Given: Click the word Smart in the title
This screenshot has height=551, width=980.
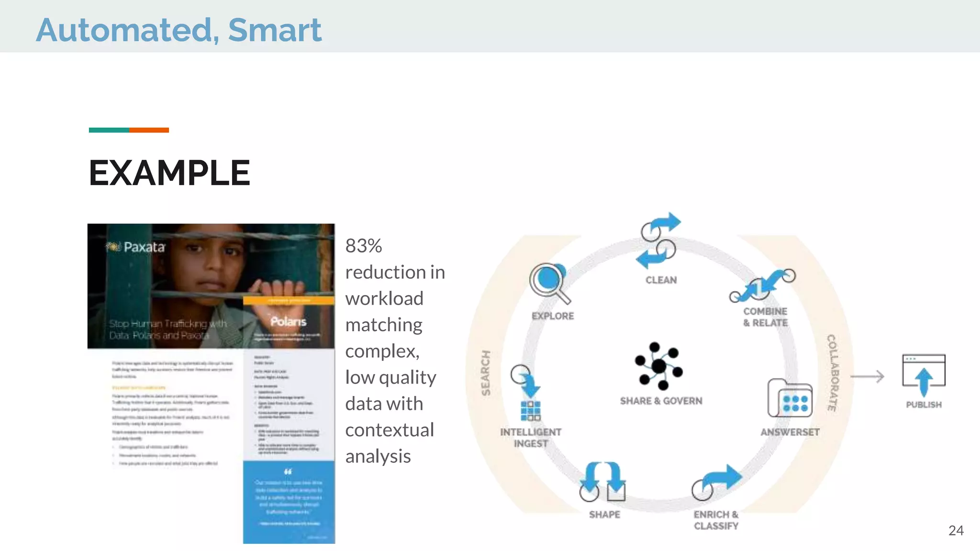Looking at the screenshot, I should pos(275,30).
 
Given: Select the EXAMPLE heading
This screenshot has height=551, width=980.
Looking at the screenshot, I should pos(169,173).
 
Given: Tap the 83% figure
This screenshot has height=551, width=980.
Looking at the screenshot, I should pos(364,246).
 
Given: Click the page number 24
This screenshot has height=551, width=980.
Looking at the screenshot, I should pos(956,530).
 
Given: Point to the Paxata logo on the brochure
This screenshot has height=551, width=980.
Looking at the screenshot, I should pos(135,247).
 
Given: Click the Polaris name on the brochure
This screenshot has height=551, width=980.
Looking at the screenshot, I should pos(288,321).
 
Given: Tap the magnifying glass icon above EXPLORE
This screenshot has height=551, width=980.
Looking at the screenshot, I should pos(549,282).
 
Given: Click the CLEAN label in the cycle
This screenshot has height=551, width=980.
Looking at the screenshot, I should pos(661,280).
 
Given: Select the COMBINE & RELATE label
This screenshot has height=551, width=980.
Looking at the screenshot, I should pos(765,317).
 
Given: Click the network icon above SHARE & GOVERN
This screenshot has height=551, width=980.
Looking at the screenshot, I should pos(659,366).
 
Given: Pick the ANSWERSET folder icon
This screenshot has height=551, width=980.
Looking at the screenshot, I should pos(790,398).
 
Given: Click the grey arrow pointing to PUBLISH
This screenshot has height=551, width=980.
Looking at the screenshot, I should pos(867,376).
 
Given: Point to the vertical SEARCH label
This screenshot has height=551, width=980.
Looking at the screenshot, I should pos(486,373).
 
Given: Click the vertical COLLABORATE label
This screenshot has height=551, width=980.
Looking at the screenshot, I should pos(833,373).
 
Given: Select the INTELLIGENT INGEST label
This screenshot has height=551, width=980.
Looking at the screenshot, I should pos(531,438).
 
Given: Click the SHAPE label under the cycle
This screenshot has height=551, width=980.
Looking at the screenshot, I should pos(604,515).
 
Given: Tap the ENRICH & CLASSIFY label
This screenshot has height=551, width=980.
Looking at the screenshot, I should pos(716,520).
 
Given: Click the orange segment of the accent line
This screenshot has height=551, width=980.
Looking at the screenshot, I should pos(149,130).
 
